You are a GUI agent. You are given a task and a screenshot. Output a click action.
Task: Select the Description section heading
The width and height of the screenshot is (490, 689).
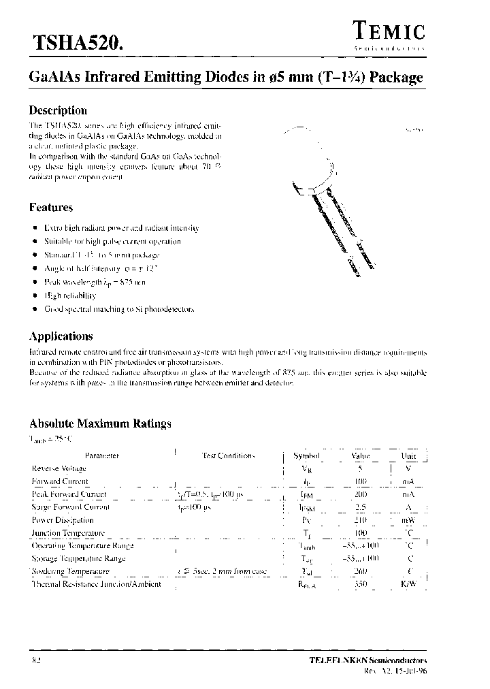(x=58, y=110)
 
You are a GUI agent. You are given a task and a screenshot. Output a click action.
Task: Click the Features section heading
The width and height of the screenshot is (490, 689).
(x=51, y=207)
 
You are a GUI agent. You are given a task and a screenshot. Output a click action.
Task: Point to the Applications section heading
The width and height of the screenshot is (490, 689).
(x=61, y=336)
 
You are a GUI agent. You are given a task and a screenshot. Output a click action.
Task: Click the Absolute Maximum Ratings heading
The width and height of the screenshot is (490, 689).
(x=100, y=423)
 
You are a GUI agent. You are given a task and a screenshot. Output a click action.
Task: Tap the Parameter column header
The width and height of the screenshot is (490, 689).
(x=102, y=455)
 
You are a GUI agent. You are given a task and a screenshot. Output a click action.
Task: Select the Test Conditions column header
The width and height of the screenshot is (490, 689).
(x=229, y=455)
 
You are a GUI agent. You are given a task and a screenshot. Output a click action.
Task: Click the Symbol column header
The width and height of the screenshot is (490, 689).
(x=306, y=455)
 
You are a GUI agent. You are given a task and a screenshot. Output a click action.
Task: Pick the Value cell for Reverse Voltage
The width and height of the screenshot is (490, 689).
(x=361, y=468)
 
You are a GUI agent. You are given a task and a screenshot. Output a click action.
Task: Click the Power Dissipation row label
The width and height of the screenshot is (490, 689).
(x=63, y=520)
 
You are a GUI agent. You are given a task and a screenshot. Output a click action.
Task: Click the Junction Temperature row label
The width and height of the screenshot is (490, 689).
(x=69, y=533)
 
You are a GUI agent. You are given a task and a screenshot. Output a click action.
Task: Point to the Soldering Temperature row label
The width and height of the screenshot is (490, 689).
(x=71, y=571)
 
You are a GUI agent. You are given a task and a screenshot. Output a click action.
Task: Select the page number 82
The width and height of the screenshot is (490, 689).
(x=36, y=660)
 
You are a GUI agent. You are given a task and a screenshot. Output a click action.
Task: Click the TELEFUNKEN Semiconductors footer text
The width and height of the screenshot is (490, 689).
(x=368, y=660)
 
